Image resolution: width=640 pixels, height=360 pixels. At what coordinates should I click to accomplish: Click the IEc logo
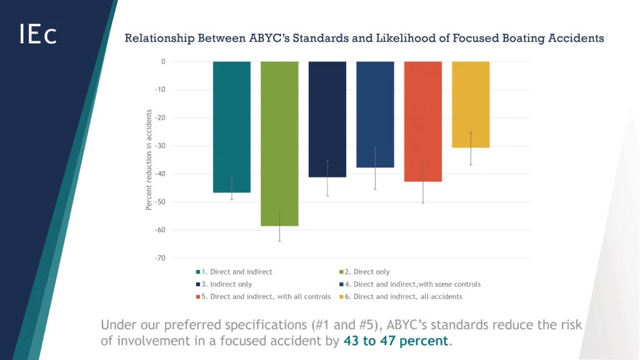(38, 34)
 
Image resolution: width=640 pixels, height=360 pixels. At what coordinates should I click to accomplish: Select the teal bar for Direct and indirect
(232, 125)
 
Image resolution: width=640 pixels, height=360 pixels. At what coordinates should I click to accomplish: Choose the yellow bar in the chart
(471, 104)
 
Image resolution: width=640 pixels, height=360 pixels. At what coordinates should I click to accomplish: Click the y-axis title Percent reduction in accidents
(149, 159)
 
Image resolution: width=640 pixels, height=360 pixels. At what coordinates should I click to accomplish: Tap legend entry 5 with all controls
(262, 296)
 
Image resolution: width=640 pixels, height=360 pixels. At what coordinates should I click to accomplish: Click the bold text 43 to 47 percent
(396, 341)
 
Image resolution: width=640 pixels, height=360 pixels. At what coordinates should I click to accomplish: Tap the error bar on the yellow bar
(471, 148)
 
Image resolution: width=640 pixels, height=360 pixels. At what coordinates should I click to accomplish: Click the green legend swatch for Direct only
(341, 272)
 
